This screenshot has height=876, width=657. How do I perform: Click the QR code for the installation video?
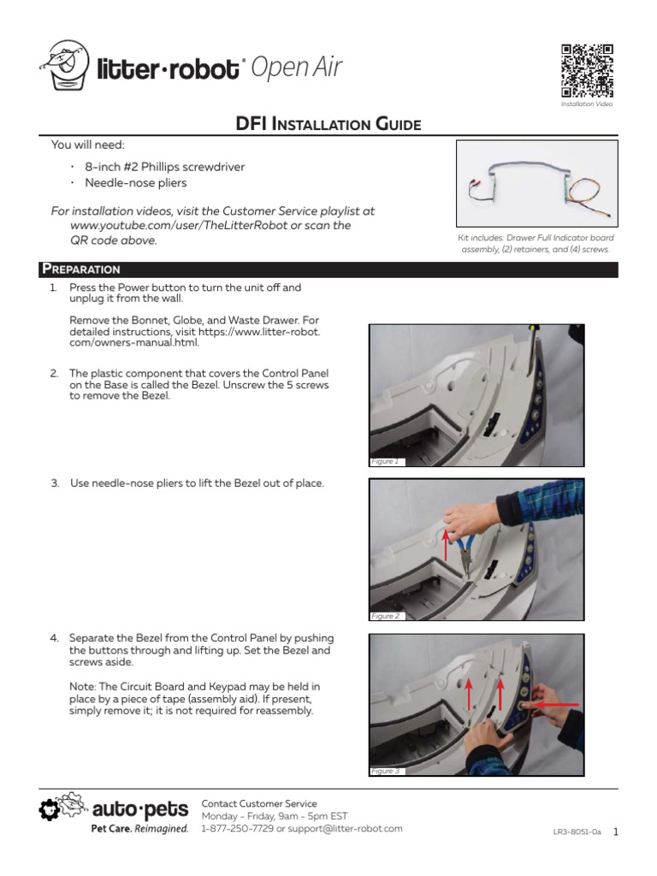coord(588,70)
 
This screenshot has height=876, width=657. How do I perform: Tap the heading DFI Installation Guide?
coord(328,125)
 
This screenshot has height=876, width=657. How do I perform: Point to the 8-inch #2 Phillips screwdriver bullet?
coord(159,167)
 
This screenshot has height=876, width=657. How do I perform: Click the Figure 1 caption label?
coord(384,461)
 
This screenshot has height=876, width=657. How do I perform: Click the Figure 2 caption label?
coord(384,616)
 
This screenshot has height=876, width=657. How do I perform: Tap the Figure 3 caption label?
coord(384,771)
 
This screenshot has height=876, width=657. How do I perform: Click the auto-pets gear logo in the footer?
coord(50,810)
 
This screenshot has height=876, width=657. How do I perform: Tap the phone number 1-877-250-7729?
coord(235,829)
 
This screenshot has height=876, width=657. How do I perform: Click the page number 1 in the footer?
coord(616,831)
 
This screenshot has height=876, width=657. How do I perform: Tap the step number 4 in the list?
coord(54,639)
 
